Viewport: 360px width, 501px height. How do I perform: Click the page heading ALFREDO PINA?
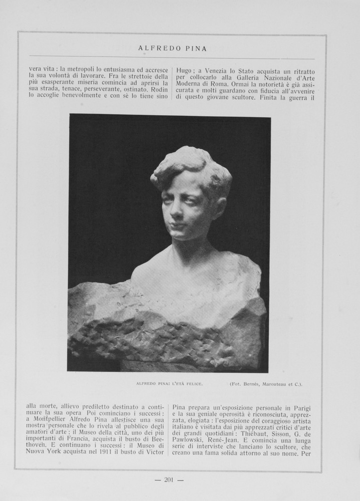(x=172, y=49)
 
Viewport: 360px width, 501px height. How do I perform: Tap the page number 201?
(x=169, y=480)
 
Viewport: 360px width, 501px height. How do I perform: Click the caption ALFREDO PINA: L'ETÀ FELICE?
(x=169, y=384)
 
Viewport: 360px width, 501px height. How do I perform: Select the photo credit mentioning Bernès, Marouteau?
(x=266, y=384)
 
